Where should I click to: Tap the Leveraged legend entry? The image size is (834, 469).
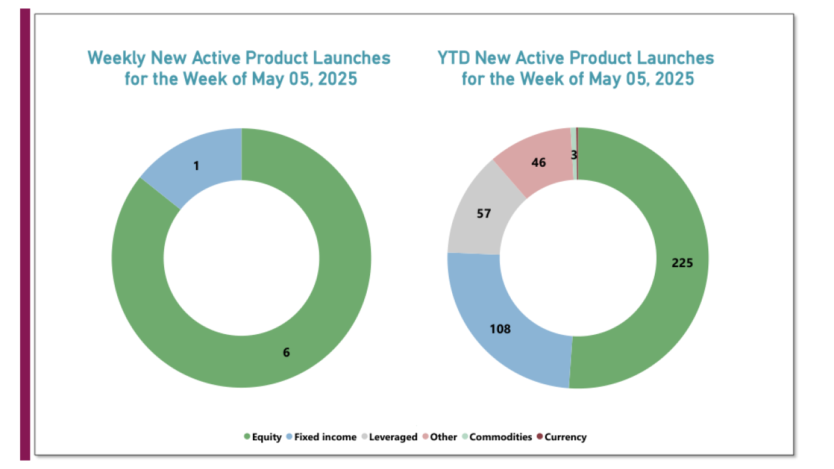coord(388,437)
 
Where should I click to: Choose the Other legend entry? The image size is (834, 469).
coord(440,437)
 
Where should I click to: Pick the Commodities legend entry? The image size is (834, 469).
coord(496,437)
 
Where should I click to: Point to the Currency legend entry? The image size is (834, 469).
coord(561,437)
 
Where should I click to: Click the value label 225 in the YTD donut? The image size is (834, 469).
coord(683,263)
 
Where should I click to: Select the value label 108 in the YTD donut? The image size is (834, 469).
coord(500,329)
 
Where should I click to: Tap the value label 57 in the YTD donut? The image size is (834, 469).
coord(483,214)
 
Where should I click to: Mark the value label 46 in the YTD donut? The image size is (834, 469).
coord(538,163)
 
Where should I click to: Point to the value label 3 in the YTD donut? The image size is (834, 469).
coord(574,154)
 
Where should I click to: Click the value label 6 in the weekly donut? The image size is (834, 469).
coord(286,352)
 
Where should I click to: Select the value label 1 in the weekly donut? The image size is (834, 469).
coord(196,166)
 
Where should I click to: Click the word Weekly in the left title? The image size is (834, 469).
coord(117,58)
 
